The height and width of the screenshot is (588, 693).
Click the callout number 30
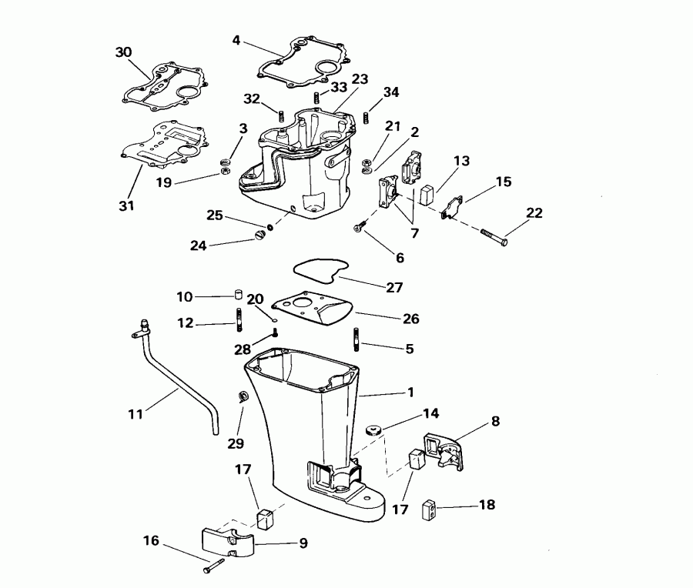(123, 52)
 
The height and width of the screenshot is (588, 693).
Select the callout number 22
(534, 213)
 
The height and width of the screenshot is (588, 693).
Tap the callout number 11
(136, 414)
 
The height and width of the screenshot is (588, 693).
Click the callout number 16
(151, 541)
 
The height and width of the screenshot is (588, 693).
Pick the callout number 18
(487, 505)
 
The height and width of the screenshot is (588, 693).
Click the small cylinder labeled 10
(239, 296)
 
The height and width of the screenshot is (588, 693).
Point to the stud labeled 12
(239, 317)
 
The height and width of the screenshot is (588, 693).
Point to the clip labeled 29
(241, 397)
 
